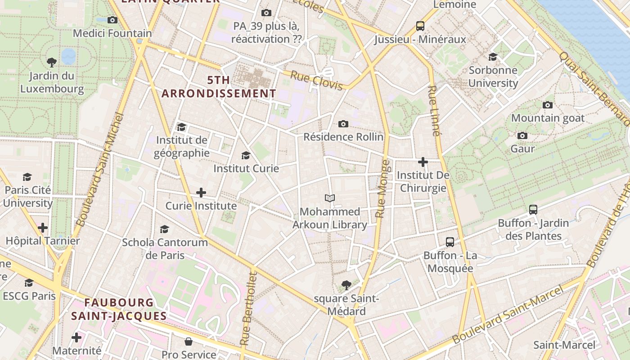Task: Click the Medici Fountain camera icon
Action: (x=112, y=20)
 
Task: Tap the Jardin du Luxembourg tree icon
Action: (x=52, y=62)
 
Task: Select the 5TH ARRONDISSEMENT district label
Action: (x=219, y=87)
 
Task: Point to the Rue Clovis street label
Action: (x=316, y=81)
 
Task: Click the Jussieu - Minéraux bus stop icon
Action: (x=420, y=26)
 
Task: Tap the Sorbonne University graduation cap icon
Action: (x=493, y=57)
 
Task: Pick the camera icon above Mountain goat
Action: (x=548, y=105)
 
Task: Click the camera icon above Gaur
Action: (x=522, y=136)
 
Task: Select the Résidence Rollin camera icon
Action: (x=343, y=124)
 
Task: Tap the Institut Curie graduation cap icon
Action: (x=246, y=156)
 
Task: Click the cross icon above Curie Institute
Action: (x=201, y=193)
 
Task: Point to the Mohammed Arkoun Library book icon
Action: (x=330, y=198)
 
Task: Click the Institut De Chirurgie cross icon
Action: (x=423, y=162)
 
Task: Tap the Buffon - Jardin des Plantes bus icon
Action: (x=533, y=210)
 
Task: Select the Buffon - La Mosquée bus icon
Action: (x=450, y=242)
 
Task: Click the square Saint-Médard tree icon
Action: (x=346, y=285)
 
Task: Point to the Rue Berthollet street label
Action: (x=249, y=309)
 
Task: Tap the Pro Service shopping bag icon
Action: (x=189, y=342)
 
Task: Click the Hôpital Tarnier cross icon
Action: (x=43, y=228)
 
